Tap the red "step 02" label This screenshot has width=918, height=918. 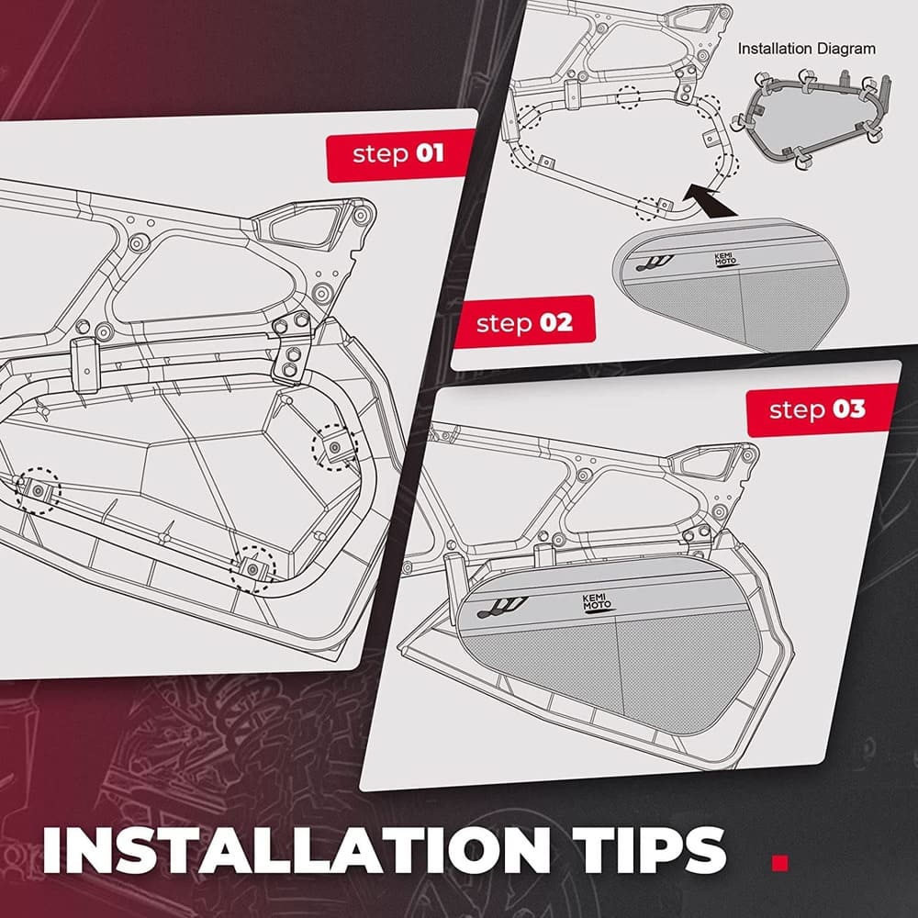pos(524,323)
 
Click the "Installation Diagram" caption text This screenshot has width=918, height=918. pos(807,48)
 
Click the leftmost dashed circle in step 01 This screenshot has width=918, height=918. pos(38,492)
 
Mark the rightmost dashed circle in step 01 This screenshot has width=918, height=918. pos(335,447)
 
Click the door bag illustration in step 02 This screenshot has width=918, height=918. pos(725,285)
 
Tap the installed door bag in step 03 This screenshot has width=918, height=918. pos(606,643)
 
